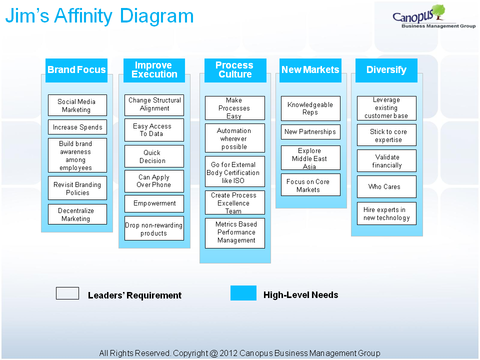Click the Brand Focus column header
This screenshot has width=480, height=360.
(76, 70)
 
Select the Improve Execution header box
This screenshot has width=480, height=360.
(154, 70)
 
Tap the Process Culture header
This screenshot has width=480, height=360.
(235, 70)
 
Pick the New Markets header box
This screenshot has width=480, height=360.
(310, 70)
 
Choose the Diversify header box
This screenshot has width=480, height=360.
(386, 70)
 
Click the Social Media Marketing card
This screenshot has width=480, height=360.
(77, 105)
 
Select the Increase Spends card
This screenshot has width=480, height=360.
(77, 127)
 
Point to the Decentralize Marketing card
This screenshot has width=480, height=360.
(77, 214)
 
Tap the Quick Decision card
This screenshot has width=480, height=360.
(154, 156)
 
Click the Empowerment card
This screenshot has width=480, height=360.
(154, 203)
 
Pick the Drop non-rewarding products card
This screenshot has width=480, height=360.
(154, 228)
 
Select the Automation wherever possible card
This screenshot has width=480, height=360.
(235, 138)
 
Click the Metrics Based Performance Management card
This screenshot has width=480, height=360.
(235, 233)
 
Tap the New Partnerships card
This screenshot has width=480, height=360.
(310, 132)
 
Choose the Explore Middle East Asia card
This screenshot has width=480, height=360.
(310, 158)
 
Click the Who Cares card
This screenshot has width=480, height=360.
(386, 186)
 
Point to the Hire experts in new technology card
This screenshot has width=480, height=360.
(386, 213)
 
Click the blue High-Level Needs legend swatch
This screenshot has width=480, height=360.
(243, 293)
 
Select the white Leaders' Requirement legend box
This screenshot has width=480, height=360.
(67, 293)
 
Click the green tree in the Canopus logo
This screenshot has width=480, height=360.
(438, 11)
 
